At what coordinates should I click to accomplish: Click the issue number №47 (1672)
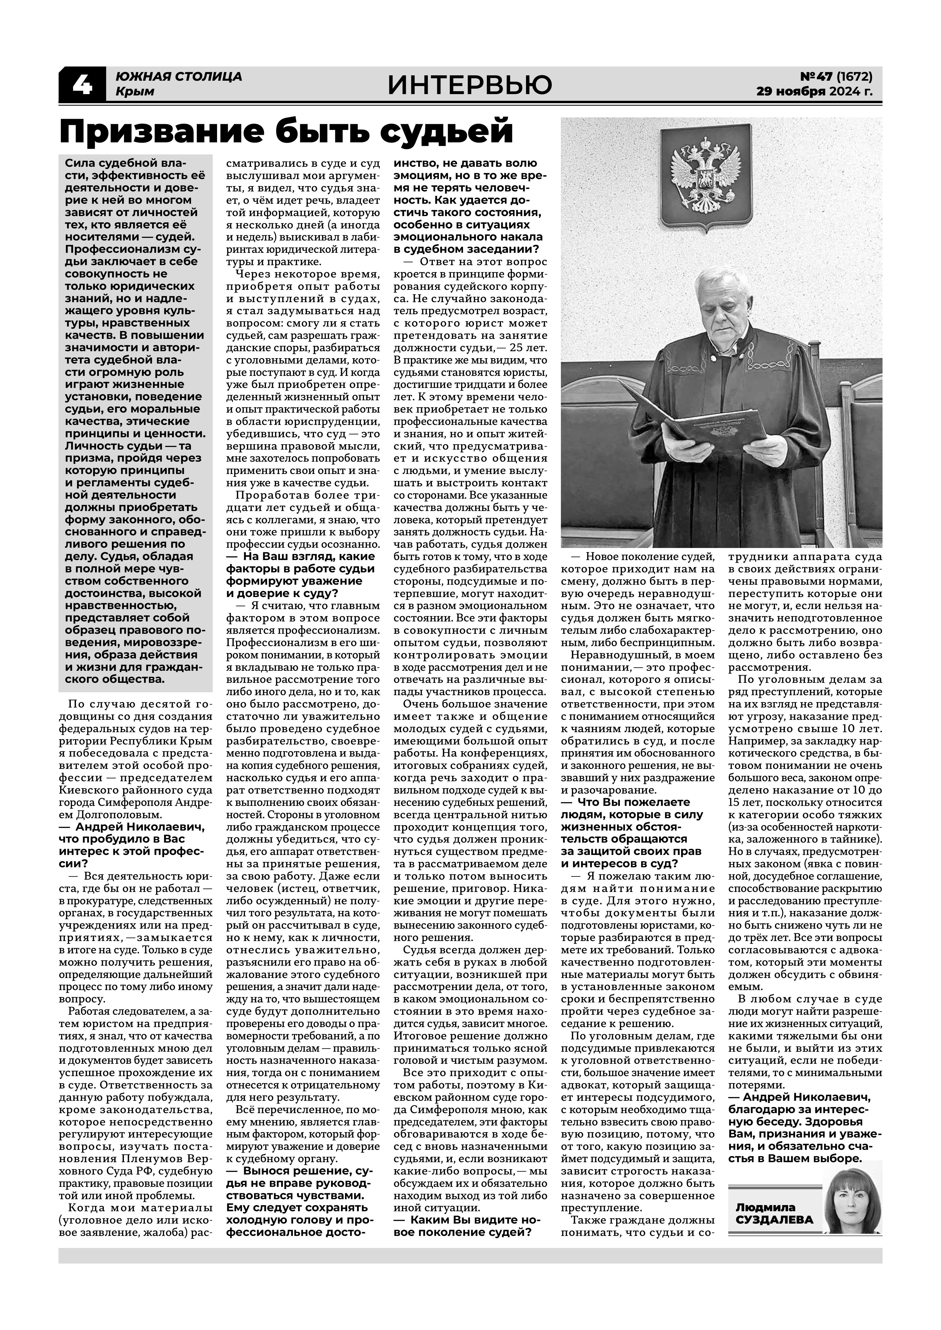point(836,76)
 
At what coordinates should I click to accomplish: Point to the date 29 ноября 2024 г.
point(814,91)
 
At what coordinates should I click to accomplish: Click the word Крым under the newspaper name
point(135,91)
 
